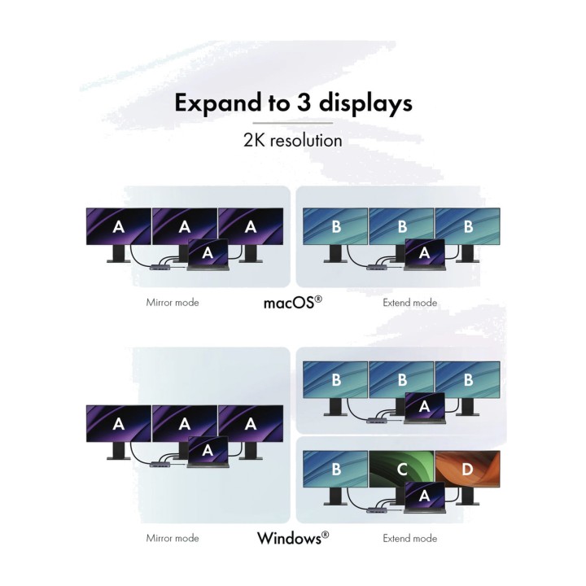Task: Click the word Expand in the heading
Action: pyautogui.click(x=219, y=103)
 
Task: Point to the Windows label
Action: pyautogui.click(x=293, y=538)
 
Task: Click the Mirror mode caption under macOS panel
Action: pyautogui.click(x=173, y=302)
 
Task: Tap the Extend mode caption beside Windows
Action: pyautogui.click(x=410, y=538)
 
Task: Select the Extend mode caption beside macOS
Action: pyautogui.click(x=410, y=302)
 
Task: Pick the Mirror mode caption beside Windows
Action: pyautogui.click(x=173, y=538)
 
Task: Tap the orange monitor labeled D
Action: pyautogui.click(x=467, y=469)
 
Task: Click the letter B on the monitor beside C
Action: pyautogui.click(x=336, y=469)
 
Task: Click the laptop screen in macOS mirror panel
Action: pyautogui.click(x=208, y=251)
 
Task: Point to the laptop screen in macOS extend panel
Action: pyautogui.click(x=425, y=251)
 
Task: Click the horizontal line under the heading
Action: pyautogui.click(x=293, y=123)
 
